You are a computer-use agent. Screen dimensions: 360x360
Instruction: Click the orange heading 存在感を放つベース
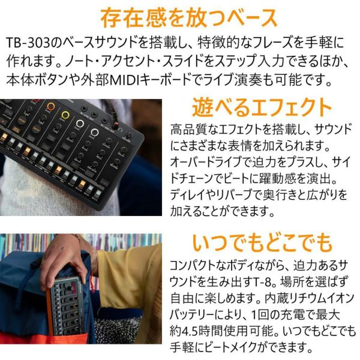coord(189,18)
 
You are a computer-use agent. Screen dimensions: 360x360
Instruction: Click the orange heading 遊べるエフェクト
coord(262,107)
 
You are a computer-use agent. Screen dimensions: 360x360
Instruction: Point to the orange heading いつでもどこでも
coord(262,242)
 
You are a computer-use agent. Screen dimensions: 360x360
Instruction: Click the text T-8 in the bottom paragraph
coord(263,281)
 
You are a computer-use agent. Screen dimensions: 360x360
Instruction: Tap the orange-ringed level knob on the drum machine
coord(51,107)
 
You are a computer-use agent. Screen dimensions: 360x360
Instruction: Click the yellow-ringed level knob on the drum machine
coord(65,115)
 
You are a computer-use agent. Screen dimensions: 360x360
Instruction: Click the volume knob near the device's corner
coord(130,136)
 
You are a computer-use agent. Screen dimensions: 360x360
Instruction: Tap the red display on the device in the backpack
coord(73,287)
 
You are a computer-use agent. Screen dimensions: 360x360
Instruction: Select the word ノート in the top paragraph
coord(77,61)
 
